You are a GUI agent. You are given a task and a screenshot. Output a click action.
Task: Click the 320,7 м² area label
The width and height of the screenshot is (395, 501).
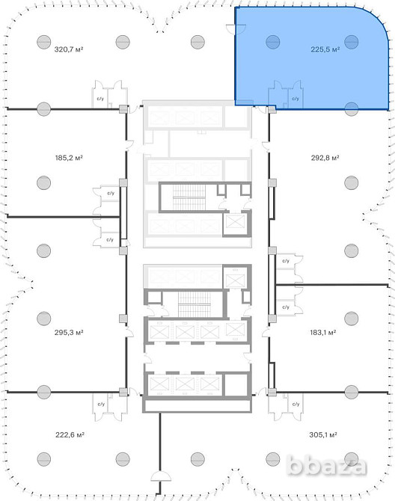[x=69, y=49]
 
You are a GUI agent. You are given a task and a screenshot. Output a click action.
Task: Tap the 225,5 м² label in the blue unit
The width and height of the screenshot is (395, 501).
[x=325, y=49]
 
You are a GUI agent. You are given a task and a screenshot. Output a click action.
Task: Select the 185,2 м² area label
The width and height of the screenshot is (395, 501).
[x=69, y=158]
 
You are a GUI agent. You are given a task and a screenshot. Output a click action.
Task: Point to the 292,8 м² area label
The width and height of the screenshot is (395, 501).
[x=325, y=158]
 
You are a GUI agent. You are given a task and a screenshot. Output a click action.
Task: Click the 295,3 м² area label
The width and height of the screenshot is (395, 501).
[x=69, y=332]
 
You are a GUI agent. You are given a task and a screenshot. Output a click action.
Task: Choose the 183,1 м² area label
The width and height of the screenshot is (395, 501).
[x=322, y=332]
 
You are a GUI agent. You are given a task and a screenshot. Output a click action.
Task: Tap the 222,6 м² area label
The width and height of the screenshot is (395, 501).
[x=70, y=434]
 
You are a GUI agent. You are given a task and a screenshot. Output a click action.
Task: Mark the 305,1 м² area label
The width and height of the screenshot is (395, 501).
[x=323, y=434]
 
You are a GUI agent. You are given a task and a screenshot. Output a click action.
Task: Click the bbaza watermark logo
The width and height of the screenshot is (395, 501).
[x=326, y=466]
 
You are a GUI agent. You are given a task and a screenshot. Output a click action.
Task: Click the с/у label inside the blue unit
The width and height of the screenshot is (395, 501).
[x=296, y=99]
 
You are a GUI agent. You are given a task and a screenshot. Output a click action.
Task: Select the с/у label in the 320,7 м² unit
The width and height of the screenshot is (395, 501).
[x=100, y=99]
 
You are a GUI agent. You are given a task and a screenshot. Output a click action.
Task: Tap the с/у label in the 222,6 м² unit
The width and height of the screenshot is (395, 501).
[x=101, y=405]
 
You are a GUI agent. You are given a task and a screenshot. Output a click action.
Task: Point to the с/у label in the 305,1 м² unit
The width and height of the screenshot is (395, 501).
[x=296, y=405]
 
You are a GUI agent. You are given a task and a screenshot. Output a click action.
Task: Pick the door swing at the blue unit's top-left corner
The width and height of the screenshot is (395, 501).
[x=235, y=28]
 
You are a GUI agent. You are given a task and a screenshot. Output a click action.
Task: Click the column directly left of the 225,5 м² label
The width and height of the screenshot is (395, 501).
[x=273, y=42]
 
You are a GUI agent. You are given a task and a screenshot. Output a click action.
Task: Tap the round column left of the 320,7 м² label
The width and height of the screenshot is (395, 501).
[x=44, y=42]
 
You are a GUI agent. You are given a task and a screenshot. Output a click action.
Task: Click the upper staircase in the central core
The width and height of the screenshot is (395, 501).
[x=189, y=197]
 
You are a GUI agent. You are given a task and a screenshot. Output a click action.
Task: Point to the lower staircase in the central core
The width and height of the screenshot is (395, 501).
[x=194, y=304]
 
